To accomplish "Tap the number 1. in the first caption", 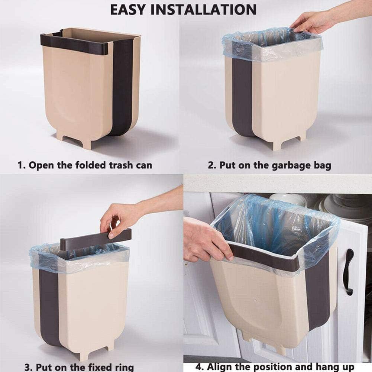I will [21, 165].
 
